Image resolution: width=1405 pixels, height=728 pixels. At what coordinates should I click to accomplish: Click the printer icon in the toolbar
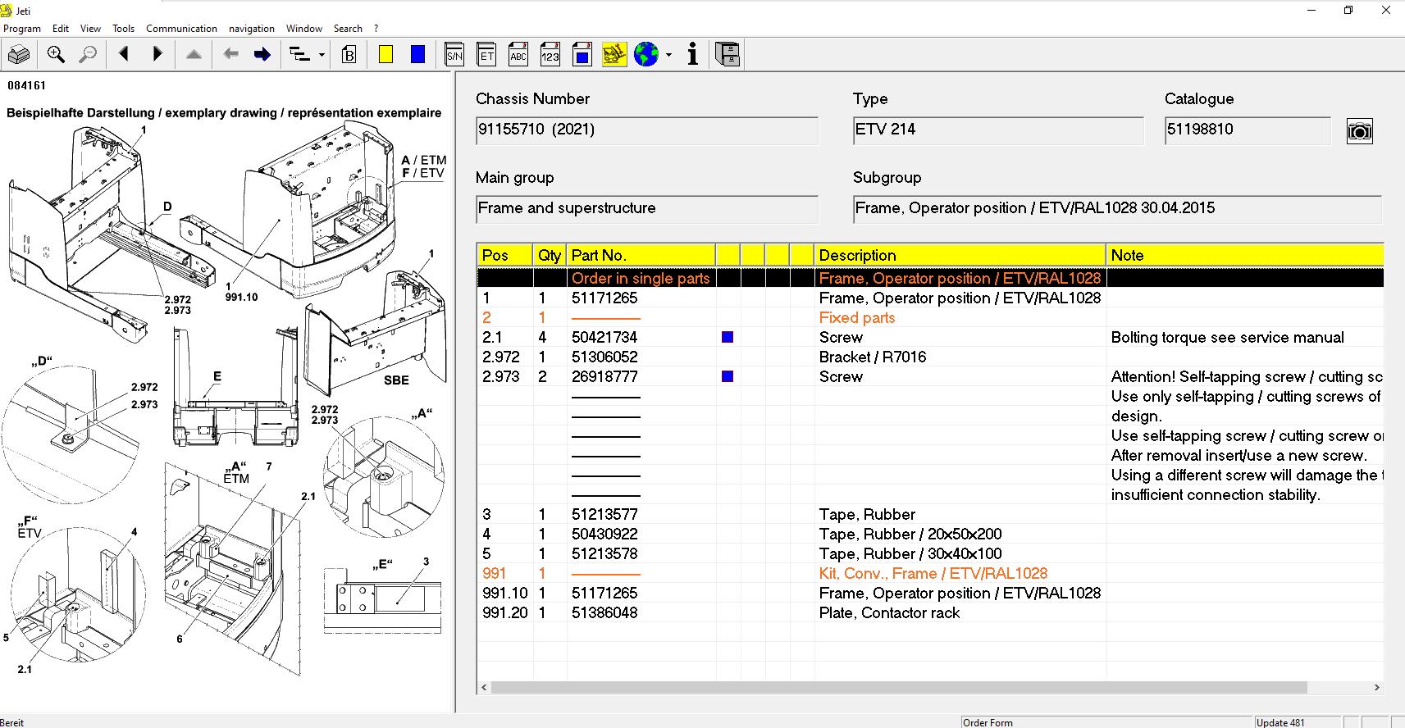(19, 55)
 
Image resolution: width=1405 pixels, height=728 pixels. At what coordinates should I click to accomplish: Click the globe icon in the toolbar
(646, 55)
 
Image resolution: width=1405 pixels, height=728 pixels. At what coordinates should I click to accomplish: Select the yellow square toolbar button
(385, 55)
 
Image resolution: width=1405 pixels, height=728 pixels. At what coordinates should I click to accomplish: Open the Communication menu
(181, 28)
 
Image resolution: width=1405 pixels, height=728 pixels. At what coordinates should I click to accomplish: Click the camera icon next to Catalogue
(1359, 131)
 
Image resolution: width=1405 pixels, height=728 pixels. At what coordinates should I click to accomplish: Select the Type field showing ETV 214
(886, 130)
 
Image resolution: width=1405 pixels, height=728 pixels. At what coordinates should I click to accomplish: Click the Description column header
(857, 255)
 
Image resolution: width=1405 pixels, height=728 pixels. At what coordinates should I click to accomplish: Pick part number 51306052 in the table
(604, 357)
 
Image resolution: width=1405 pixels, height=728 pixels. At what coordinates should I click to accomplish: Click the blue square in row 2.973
(727, 376)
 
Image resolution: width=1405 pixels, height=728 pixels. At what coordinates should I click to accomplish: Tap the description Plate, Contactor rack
(888, 612)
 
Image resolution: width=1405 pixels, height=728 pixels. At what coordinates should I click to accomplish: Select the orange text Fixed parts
(856, 317)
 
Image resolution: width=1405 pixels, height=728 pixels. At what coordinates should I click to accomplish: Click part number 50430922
(604, 534)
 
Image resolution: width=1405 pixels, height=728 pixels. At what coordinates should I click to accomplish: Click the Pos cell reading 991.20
(504, 612)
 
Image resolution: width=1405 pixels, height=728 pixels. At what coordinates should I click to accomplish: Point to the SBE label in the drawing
(396, 380)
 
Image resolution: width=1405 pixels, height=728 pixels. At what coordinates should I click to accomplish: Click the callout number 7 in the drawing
(268, 466)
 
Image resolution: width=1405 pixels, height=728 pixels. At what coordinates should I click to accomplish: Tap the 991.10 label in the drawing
(241, 298)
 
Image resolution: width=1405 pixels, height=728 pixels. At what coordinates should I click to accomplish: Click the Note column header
(1126, 255)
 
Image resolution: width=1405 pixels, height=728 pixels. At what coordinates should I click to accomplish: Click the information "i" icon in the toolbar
(693, 55)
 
